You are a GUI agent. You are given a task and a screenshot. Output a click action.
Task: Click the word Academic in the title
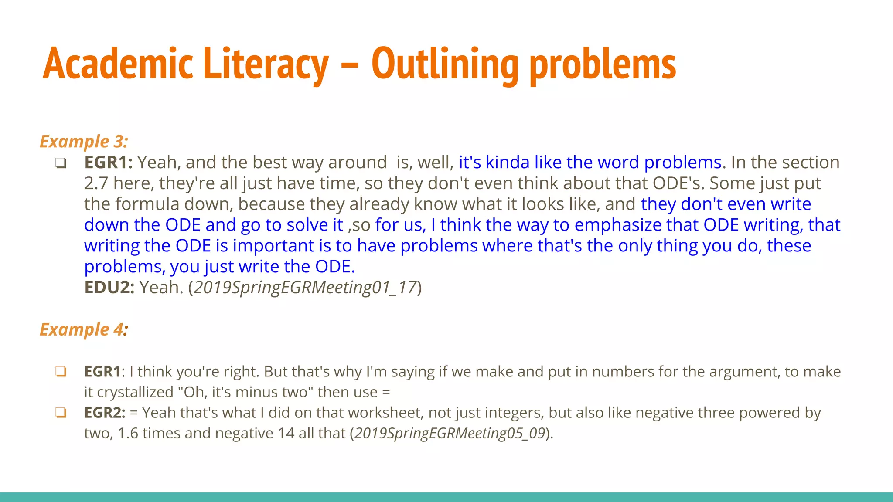[x=118, y=64]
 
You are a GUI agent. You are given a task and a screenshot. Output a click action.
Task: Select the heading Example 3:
[x=84, y=141]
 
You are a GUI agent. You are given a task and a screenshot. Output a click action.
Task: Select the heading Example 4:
[x=84, y=329]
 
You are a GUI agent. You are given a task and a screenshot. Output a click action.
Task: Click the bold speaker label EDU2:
[x=109, y=288]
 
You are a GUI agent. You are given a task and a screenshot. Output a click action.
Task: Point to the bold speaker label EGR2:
[x=105, y=413]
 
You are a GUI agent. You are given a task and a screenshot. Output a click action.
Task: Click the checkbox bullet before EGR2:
[x=61, y=413]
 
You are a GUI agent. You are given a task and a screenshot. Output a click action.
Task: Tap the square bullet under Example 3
[x=61, y=163]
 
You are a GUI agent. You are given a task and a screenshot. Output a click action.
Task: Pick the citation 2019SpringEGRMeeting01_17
[x=305, y=288]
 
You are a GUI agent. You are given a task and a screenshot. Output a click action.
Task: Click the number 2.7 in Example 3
[x=96, y=183]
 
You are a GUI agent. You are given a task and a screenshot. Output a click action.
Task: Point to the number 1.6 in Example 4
[x=128, y=433]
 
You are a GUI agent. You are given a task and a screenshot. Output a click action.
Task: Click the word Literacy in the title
[x=266, y=64]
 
